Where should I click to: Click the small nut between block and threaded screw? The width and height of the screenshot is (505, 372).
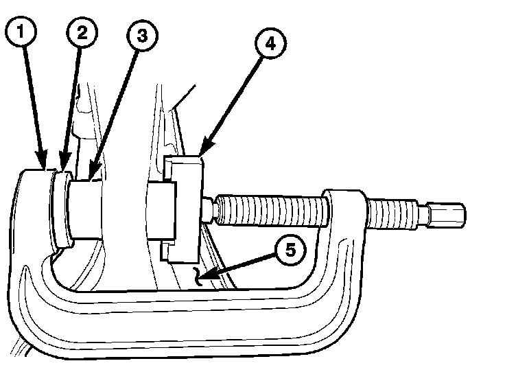[209, 209]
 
